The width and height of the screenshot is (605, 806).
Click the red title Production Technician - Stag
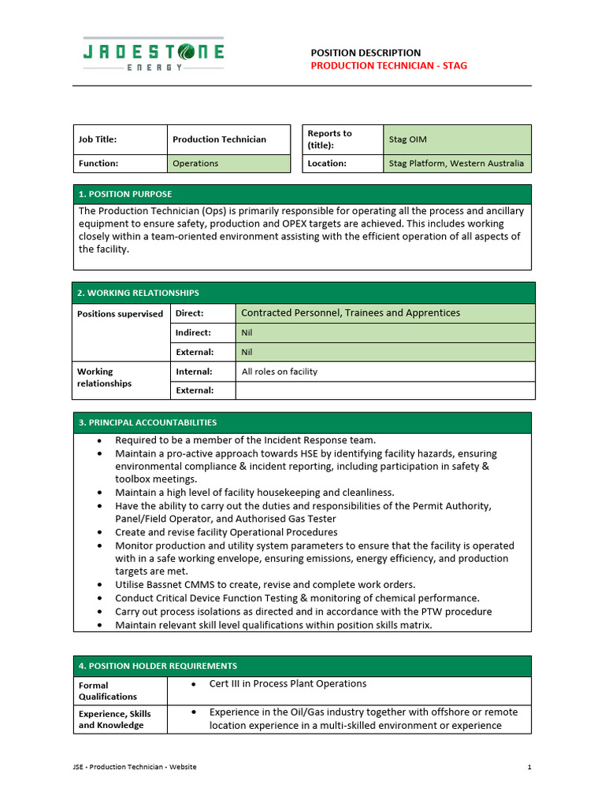[388, 65]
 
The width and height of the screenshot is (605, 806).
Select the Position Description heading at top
[366, 52]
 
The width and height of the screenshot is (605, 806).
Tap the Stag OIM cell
[457, 139]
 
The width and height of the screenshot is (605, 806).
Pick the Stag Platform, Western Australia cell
[457, 164]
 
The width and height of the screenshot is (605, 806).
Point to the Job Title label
[98, 139]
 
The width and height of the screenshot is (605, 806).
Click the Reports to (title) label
[329, 139]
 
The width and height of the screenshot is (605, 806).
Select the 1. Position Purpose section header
[124, 194]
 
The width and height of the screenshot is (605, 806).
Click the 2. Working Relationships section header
[138, 293]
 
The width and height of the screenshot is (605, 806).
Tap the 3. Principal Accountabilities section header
[147, 423]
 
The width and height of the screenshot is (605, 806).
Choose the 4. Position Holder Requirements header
[158, 666]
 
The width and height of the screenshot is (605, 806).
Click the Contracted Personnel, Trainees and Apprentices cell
[351, 313]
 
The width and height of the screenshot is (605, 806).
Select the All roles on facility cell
[280, 372]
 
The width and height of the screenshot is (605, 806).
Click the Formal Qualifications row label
[107, 691]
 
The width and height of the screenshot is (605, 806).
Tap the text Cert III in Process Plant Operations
[288, 684]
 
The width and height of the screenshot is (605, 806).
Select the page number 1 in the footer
[529, 767]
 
